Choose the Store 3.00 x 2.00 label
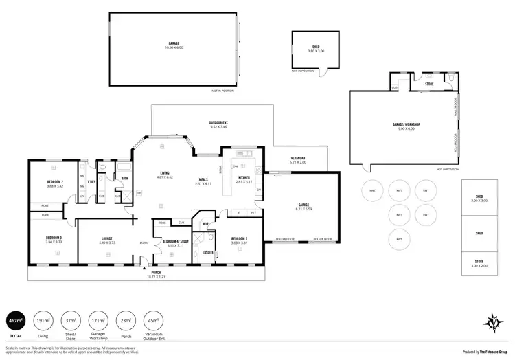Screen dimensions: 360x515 [479, 262]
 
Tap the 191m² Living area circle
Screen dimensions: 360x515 [44, 321]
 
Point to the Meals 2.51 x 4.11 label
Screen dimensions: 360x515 [204, 181]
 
